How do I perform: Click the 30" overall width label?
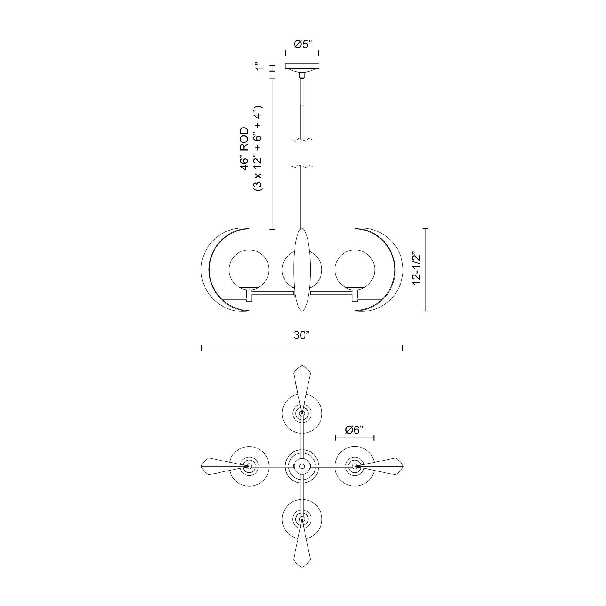tap(302, 336)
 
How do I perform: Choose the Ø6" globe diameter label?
tap(355, 430)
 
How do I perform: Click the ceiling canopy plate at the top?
tap(302, 66)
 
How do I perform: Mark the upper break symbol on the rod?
tap(302, 140)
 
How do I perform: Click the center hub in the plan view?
tap(302, 466)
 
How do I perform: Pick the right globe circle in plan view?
tap(355, 466)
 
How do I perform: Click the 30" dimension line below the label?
tap(302, 348)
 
